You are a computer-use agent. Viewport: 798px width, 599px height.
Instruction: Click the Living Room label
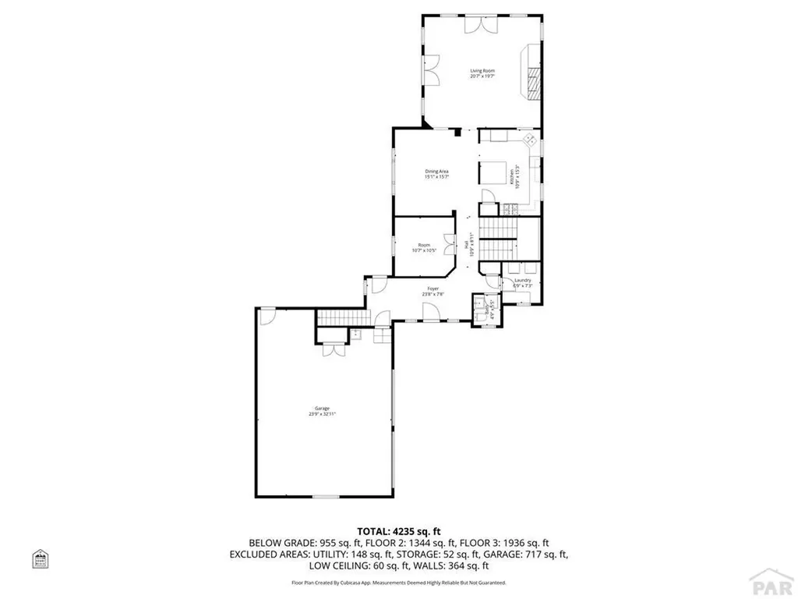click(482, 73)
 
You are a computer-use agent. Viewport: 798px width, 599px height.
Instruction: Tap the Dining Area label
click(436, 174)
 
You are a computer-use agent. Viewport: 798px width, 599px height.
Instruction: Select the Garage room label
click(322, 411)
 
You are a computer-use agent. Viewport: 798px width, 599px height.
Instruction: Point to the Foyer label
click(433, 291)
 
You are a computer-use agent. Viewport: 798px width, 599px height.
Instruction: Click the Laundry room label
click(522, 282)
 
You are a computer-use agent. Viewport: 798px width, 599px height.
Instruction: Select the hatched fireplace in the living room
click(533, 80)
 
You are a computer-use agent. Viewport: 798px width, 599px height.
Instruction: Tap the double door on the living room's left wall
click(431, 72)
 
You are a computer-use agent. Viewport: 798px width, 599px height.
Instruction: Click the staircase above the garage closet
click(340, 319)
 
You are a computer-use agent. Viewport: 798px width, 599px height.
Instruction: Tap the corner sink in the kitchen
click(529, 141)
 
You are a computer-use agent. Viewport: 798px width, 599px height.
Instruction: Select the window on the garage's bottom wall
click(323, 497)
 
